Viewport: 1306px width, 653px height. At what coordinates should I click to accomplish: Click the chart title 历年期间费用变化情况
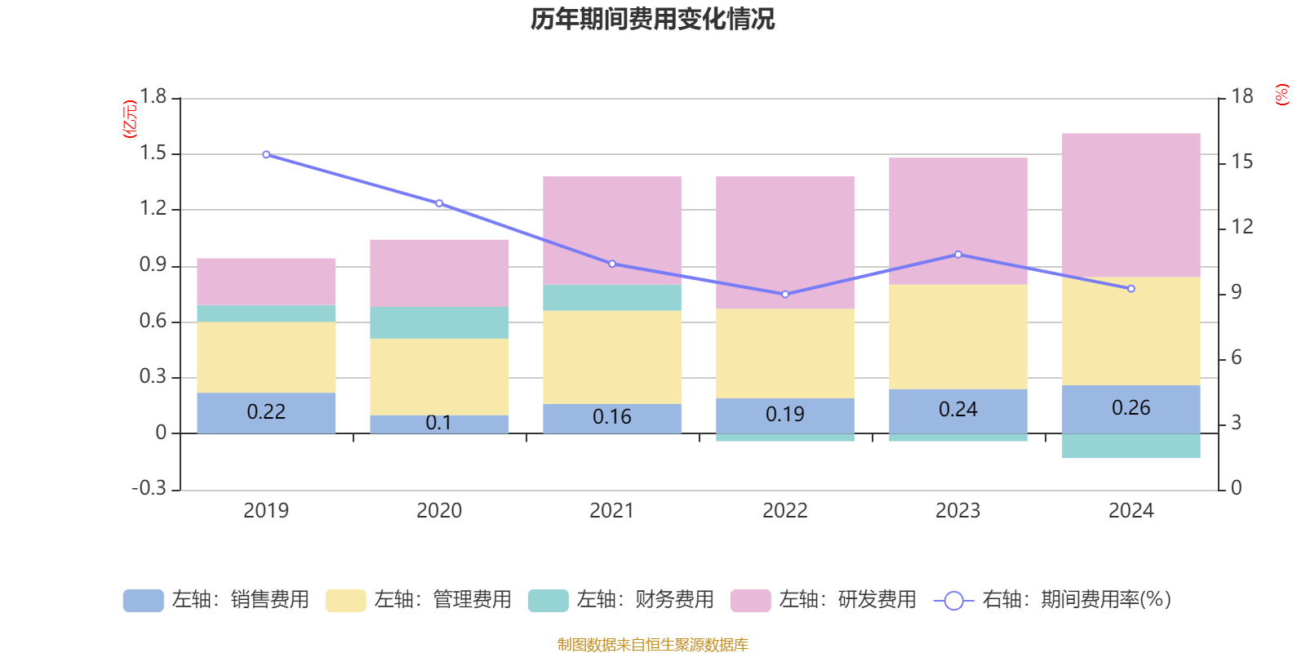click(x=652, y=19)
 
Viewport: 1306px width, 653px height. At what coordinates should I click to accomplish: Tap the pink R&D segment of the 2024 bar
click(x=1131, y=204)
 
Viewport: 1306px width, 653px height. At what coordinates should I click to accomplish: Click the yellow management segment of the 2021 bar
click(x=611, y=357)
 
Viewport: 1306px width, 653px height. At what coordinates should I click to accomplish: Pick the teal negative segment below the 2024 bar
click(x=1131, y=446)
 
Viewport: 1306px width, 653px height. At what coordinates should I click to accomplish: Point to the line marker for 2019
click(x=266, y=154)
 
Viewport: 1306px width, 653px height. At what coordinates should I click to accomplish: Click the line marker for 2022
click(x=785, y=294)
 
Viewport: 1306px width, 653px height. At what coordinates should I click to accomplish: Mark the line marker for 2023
click(x=958, y=255)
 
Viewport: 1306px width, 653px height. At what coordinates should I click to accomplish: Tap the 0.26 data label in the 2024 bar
click(x=1131, y=407)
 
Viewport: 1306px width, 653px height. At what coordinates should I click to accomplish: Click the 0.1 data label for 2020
click(x=438, y=423)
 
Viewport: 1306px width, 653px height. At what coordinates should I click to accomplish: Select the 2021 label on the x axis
click(x=611, y=511)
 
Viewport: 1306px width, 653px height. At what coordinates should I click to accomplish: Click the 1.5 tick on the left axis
click(x=153, y=153)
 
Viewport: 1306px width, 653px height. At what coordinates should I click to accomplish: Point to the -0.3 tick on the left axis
click(x=149, y=488)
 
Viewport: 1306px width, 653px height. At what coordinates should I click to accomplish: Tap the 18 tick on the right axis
click(x=1242, y=96)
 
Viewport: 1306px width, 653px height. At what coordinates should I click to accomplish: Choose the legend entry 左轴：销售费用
click(x=216, y=600)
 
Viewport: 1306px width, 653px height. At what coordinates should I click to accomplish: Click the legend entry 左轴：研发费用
click(x=824, y=600)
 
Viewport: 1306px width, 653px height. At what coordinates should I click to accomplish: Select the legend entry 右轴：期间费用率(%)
click(x=1053, y=600)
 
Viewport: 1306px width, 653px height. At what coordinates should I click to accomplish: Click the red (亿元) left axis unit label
click(x=129, y=119)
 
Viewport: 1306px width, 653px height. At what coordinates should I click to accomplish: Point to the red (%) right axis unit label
click(x=1282, y=95)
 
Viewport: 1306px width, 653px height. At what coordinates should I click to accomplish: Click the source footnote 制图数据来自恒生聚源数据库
click(x=652, y=645)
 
